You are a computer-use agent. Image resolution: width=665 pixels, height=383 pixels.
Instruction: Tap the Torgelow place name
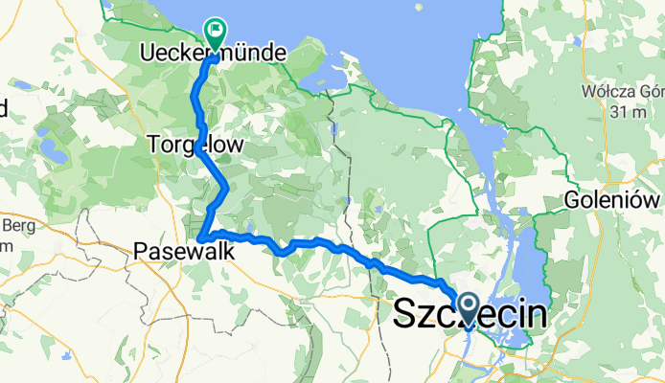click(195, 144)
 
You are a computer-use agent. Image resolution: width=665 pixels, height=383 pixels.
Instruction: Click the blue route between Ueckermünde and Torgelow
click(198, 96)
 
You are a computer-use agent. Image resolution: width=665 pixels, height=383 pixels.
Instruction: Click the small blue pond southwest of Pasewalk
click(65, 356)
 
